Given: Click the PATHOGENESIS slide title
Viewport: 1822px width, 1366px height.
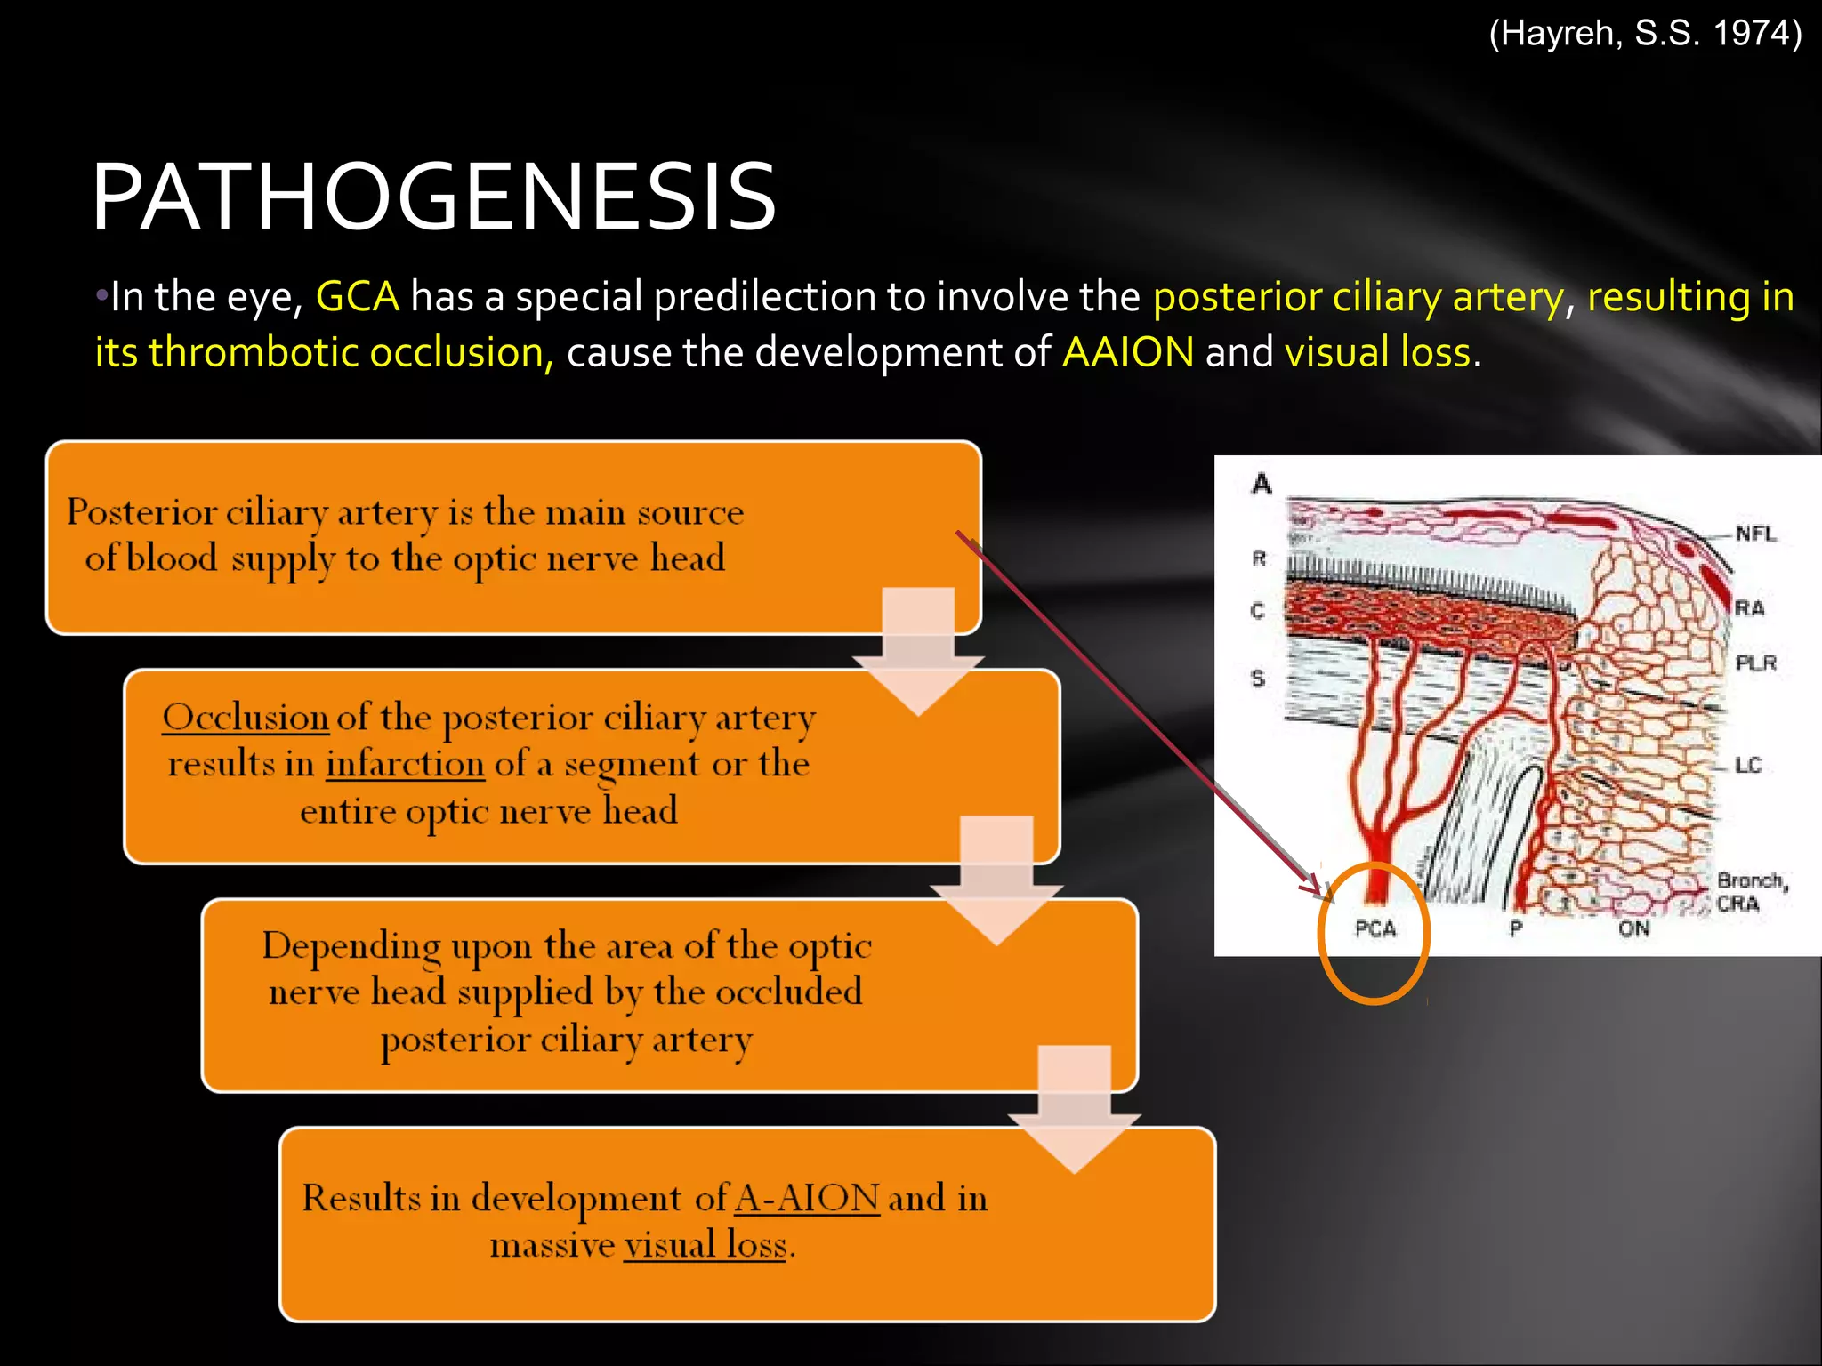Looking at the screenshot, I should pos(434,197).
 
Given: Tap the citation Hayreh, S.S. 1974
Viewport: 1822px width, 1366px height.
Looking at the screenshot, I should pos(1645,34).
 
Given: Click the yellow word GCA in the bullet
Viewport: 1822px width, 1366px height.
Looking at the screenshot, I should pos(358,296).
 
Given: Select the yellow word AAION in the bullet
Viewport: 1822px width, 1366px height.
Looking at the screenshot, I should pos(1128,352).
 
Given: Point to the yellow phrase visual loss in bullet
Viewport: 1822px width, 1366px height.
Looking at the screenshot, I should pos(1377,352).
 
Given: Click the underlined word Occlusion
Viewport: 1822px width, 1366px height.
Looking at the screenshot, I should pos(246,717).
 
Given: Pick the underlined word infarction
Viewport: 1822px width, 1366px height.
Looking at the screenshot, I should pos(405,764).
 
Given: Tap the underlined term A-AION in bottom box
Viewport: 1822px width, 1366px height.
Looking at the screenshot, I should pos(807,1198).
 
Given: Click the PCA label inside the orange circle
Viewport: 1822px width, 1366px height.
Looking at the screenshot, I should pos(1375,928).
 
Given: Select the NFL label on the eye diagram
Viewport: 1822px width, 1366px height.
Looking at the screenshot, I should pos(1756,534).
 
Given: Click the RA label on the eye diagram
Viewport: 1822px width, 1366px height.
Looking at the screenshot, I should pos(1749,608).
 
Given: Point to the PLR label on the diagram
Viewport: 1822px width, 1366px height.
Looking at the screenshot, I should pos(1756,663).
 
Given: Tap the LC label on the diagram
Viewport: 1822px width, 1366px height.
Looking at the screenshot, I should pos(1748,765).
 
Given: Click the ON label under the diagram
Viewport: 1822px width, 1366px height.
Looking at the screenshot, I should pos(1633,928).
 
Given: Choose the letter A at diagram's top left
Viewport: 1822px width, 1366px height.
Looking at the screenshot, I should pos(1262,484).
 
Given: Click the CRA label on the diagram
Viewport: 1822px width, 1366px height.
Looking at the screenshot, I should pos(1737,904).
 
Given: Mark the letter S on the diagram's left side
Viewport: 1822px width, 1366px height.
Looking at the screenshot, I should pos(1258,679).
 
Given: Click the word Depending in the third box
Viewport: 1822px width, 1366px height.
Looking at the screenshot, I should pos(351,946).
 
